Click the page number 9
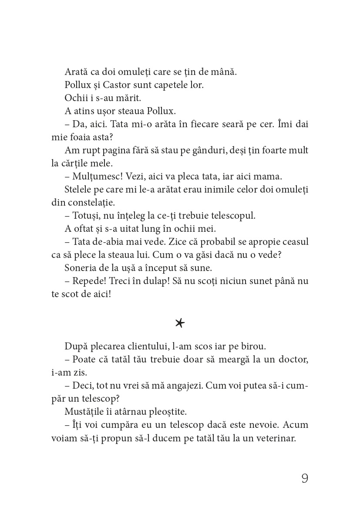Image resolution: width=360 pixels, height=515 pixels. pos(304,478)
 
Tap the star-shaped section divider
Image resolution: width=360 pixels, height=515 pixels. pos(179,323)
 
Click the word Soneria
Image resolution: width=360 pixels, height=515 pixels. pos(81,268)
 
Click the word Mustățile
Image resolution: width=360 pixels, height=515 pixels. pos(84,411)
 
